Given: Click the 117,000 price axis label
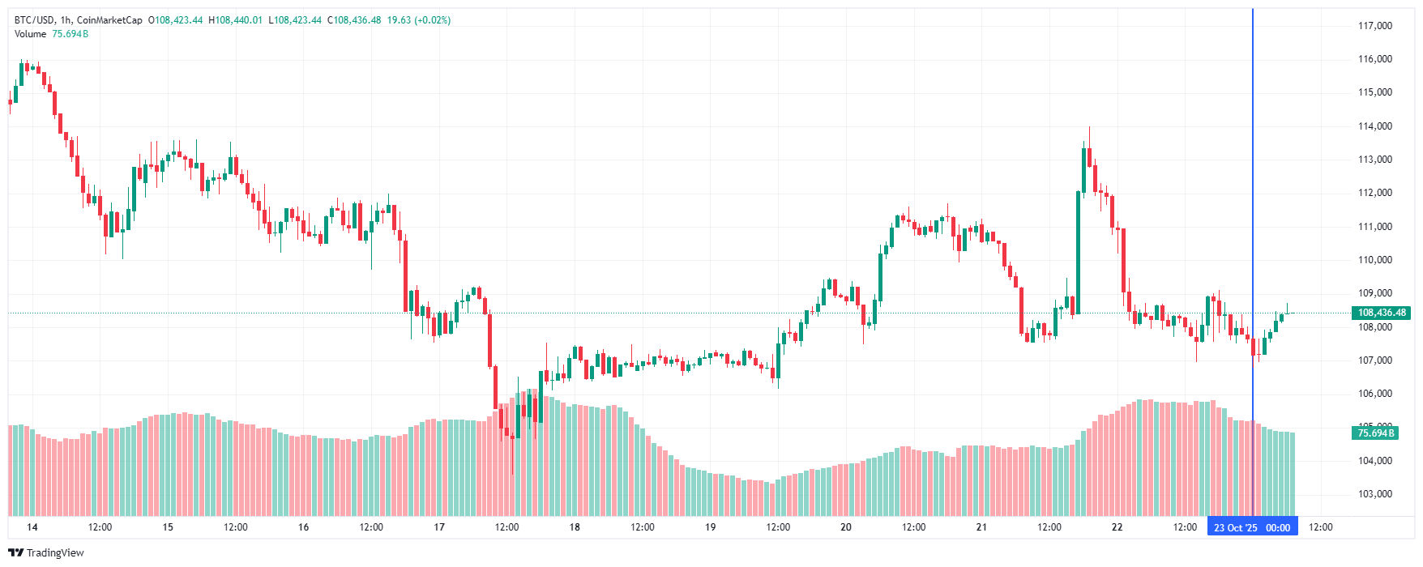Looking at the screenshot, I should tap(1374, 26).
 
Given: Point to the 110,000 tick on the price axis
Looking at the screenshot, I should tap(1374, 260).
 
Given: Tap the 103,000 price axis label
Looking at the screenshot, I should tap(1374, 494).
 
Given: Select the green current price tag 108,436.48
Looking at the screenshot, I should tap(1382, 313).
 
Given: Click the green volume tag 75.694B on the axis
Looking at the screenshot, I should tap(1376, 433).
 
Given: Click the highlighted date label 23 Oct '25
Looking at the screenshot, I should tap(1235, 528).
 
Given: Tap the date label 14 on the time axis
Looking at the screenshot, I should tap(32, 527).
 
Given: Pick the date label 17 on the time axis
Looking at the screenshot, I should tap(439, 527).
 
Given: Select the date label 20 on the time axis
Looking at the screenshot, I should tap(846, 527).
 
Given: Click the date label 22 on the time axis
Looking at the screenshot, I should tap(1117, 527).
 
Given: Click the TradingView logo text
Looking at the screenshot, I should tap(54, 553).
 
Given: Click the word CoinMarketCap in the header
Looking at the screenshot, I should tap(109, 20).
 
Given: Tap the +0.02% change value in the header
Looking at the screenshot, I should tap(432, 20).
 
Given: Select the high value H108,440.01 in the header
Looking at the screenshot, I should tap(236, 20).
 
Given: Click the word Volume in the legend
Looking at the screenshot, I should tap(30, 34).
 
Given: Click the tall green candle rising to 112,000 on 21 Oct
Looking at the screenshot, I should tap(1079, 251).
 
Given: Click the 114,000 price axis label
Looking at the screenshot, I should tap(1374, 126).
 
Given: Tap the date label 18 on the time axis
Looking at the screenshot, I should tap(575, 527).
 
